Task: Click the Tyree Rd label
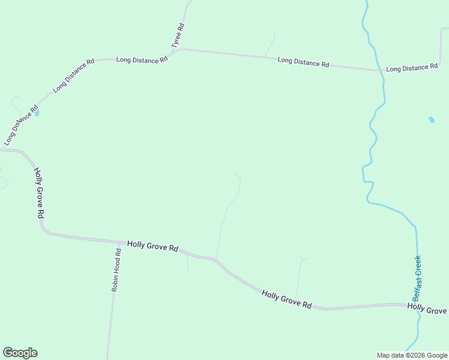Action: coord(177,35)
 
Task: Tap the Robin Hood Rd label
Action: coord(116,271)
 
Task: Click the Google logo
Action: coord(20,353)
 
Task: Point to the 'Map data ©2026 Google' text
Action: coord(412,355)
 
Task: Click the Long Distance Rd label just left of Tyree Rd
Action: coord(142,60)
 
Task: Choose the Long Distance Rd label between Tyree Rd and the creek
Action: coord(303,62)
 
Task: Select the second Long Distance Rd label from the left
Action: coord(74,75)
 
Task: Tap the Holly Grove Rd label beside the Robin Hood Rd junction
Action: coord(152,247)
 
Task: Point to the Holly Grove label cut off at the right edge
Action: coord(427,308)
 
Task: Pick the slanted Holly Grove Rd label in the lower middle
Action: coord(286,298)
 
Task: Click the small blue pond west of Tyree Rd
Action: coord(37,112)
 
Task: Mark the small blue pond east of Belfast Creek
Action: coord(431,119)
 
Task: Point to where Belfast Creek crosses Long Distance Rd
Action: coord(382,70)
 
